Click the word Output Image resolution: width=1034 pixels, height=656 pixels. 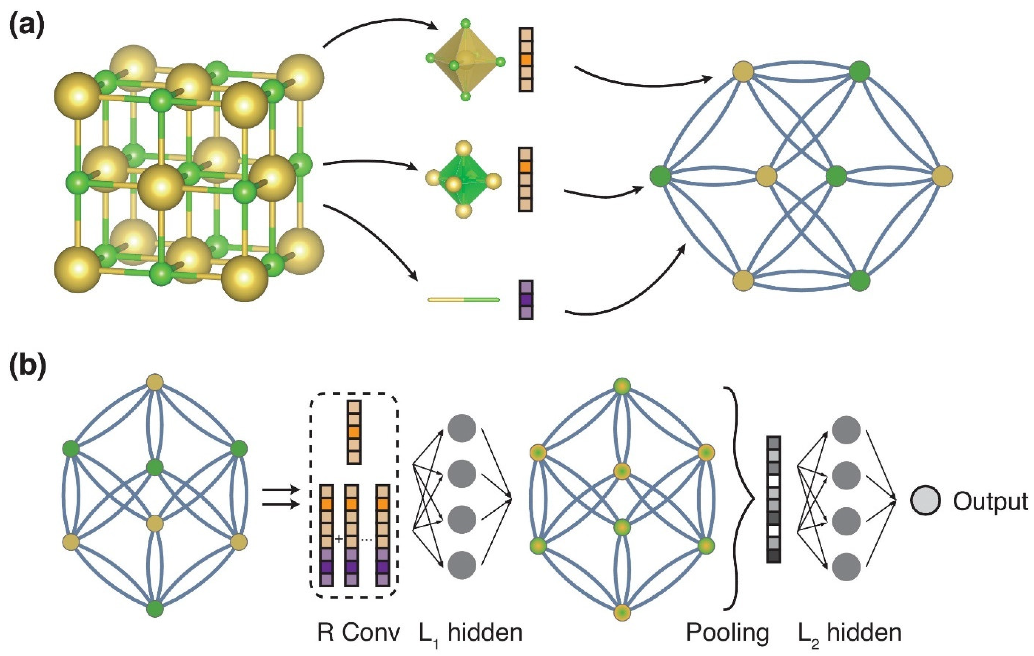click(990, 501)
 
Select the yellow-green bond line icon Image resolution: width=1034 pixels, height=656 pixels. click(464, 299)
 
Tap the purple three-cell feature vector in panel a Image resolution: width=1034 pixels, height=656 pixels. click(526, 299)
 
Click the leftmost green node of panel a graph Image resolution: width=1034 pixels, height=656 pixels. click(660, 176)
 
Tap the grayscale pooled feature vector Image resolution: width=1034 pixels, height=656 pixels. click(773, 499)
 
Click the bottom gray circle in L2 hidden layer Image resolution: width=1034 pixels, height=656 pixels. click(846, 567)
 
